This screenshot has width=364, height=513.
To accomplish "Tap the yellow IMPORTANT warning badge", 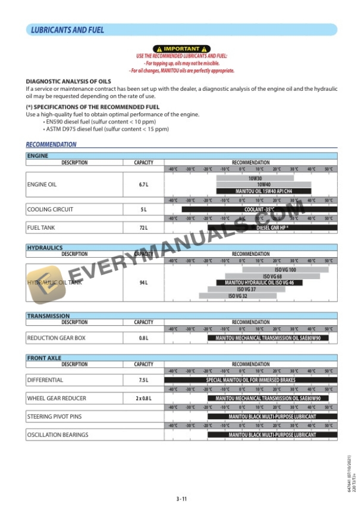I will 181,48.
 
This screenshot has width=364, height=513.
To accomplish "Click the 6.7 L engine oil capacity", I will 143,185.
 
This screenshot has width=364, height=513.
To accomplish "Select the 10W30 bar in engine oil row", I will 255,178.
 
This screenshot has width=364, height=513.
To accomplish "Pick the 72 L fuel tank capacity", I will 143,227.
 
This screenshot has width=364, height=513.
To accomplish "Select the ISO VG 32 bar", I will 238,296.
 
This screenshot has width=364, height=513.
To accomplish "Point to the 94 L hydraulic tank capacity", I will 143,283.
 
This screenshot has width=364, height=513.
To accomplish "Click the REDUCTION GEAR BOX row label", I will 57,338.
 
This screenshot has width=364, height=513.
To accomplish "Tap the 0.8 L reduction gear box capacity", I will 143,338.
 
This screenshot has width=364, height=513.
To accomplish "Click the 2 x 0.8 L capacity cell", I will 143,398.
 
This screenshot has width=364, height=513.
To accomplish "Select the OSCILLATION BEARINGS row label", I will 58,435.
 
